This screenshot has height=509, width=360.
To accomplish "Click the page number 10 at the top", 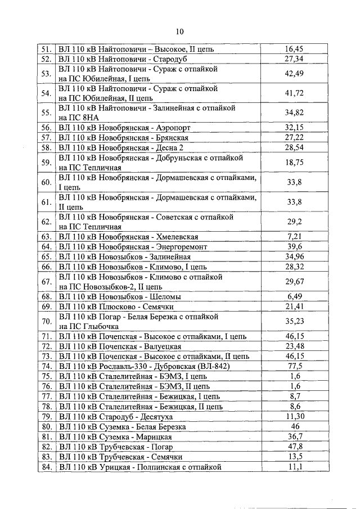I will pos(179,31).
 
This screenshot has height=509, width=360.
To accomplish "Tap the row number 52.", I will pos(46,59).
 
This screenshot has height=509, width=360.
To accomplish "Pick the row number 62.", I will pos(46,222).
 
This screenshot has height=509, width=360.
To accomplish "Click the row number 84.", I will pos(46,467).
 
